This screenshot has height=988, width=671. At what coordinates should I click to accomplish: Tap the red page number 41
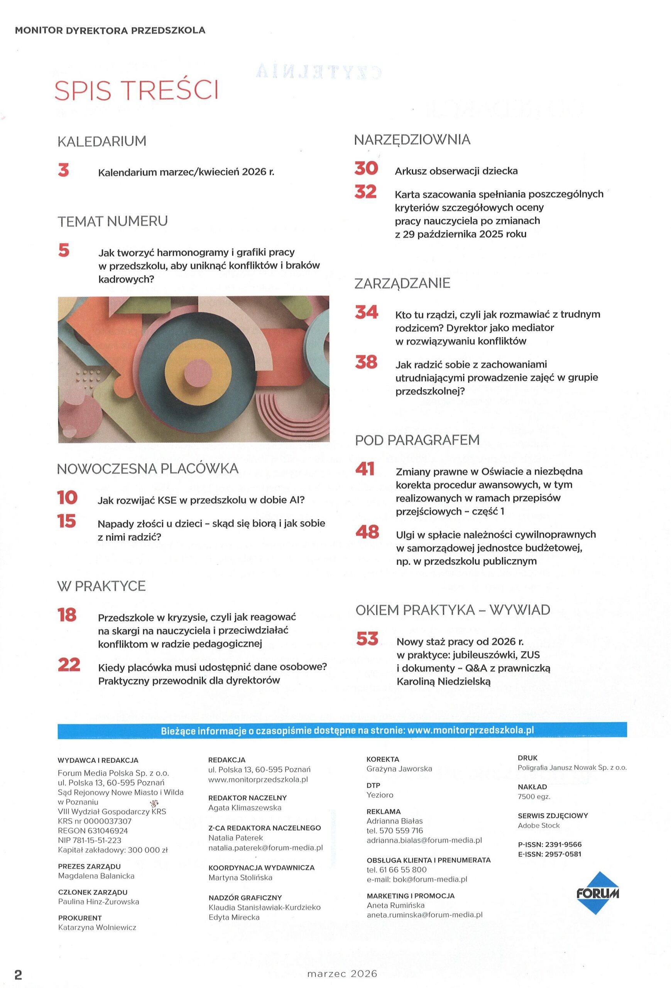click(365, 469)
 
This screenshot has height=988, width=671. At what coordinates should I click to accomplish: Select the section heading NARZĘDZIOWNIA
click(412, 139)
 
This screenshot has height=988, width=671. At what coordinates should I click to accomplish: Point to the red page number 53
click(367, 639)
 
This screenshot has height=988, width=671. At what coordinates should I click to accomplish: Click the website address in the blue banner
click(470, 730)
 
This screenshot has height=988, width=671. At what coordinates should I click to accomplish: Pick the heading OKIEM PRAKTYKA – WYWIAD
click(453, 610)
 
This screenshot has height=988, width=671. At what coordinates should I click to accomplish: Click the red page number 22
click(69, 665)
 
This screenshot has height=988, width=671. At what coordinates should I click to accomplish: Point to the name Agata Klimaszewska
click(245, 808)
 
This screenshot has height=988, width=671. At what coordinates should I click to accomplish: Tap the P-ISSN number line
click(549, 845)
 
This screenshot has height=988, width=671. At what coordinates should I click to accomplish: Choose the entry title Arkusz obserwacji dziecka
click(456, 171)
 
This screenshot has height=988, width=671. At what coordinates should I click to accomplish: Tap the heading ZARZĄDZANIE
click(402, 283)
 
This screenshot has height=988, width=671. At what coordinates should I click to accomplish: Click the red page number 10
click(67, 497)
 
